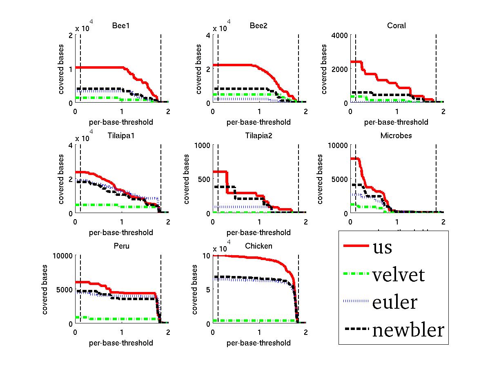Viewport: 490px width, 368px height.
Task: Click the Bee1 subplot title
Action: coord(121,26)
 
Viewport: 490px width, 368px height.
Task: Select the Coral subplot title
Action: coord(396,26)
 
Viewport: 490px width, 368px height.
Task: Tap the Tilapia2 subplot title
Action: coord(258,136)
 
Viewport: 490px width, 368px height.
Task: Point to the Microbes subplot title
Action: coord(396,136)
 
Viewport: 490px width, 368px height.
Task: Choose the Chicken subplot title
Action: coord(258,246)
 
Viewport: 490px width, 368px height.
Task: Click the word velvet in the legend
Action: coord(398,275)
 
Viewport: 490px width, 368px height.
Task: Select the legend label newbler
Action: coord(408,330)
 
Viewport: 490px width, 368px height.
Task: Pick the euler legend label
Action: coord(394,302)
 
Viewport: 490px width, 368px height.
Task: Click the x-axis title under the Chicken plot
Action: coord(258,343)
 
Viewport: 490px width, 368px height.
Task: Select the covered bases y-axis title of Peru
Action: coord(45,289)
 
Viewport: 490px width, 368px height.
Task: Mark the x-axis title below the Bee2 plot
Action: coord(258,122)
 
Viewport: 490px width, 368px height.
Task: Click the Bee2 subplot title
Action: coord(258,26)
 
